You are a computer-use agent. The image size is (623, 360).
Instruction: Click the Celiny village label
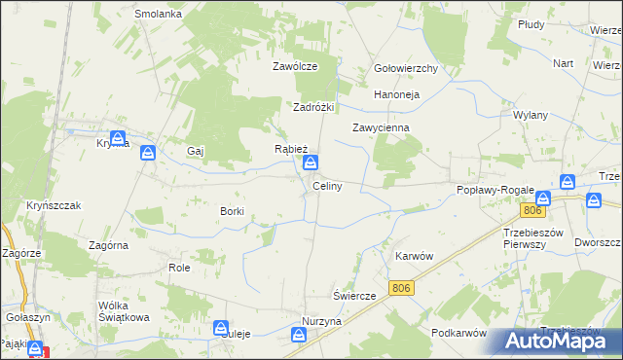(326, 186)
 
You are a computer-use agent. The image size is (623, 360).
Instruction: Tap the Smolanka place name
(159, 15)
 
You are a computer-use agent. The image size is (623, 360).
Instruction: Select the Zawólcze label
(295, 67)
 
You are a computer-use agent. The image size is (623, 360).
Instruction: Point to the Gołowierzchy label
(406, 69)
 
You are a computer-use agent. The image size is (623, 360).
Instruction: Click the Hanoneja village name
(396, 95)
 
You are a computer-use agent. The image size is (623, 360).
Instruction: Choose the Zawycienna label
(381, 127)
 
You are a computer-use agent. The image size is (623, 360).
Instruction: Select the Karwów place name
(413, 256)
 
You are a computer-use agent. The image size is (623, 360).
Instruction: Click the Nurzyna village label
(321, 321)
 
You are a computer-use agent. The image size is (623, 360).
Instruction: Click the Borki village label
(232, 210)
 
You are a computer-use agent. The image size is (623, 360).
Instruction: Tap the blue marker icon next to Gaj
(148, 153)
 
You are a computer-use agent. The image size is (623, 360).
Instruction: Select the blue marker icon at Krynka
(118, 139)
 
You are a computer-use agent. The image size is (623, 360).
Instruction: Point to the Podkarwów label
(458, 333)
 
